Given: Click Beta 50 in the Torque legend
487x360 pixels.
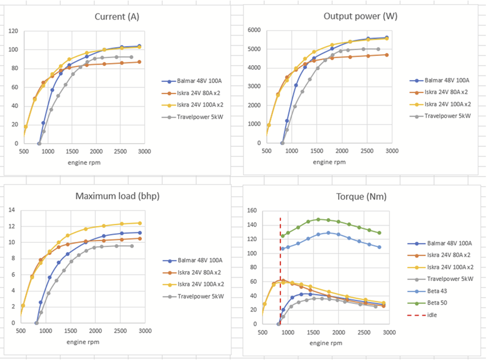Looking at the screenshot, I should [x=440, y=302].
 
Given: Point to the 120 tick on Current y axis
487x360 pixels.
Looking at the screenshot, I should [x=13, y=31].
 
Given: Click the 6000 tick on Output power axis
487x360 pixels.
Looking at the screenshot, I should [x=254, y=30].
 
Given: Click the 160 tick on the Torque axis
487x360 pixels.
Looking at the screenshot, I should [x=252, y=211].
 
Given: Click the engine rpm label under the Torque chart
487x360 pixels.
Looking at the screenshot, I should [x=326, y=343].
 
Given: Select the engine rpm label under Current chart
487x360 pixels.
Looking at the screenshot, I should [x=84, y=162].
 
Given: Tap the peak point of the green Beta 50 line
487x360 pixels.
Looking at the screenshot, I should [x=318, y=219].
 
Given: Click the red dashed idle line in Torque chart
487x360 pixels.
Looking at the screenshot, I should [x=280, y=260].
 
